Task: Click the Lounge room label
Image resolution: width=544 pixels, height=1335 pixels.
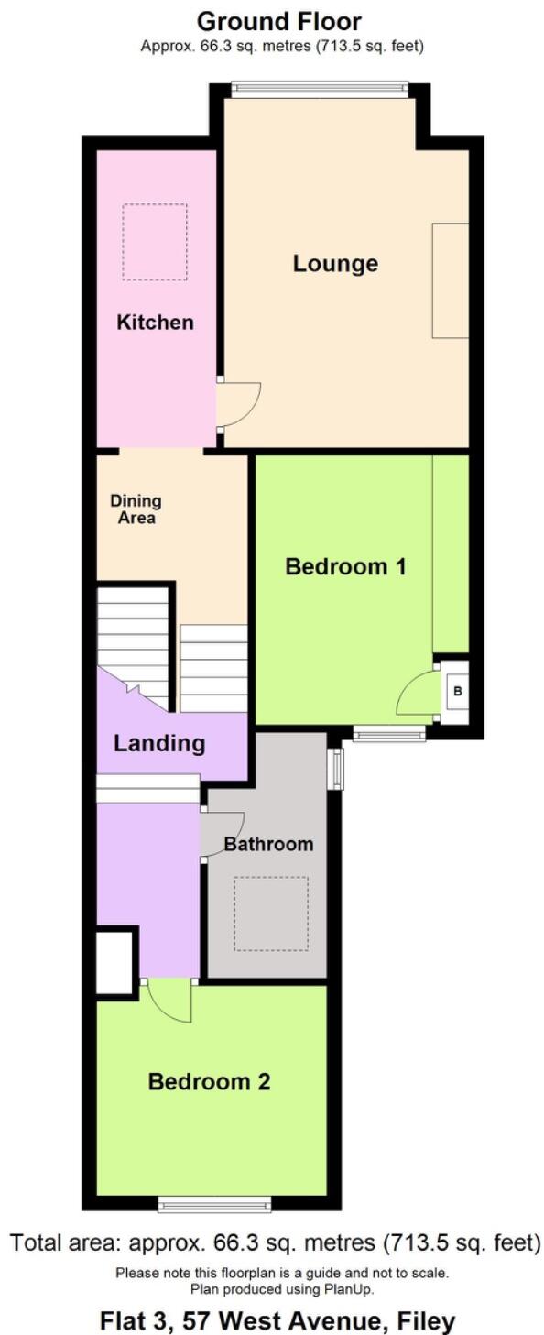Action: [x=335, y=264]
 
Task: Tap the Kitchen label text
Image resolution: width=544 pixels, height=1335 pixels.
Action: [x=156, y=323]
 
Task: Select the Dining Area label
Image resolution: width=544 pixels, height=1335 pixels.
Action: [x=136, y=509]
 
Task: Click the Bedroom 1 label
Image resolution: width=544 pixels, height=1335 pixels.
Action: [x=345, y=566]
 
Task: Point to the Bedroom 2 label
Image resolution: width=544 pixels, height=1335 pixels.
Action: [x=209, y=1082]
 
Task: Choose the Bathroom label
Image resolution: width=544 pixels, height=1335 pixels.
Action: [x=268, y=844]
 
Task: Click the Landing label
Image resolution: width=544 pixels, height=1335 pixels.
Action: [x=159, y=743]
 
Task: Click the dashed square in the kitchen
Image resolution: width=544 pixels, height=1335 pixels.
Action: [x=156, y=242]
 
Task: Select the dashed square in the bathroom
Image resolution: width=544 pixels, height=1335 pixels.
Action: [x=270, y=913]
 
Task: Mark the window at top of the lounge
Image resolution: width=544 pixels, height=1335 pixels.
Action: [x=319, y=89]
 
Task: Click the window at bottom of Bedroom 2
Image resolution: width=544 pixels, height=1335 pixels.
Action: [x=214, y=1204]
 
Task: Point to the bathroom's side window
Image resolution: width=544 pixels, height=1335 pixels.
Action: [x=336, y=769]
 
